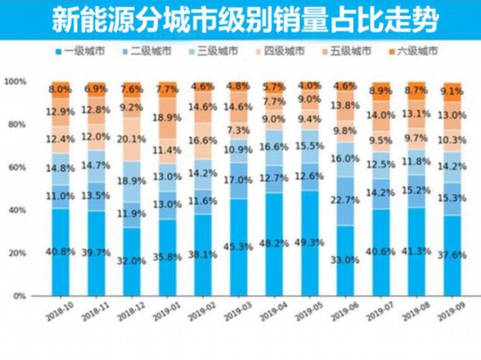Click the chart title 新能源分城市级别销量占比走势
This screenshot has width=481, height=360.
point(240,19)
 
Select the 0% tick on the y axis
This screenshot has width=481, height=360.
point(16,296)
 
